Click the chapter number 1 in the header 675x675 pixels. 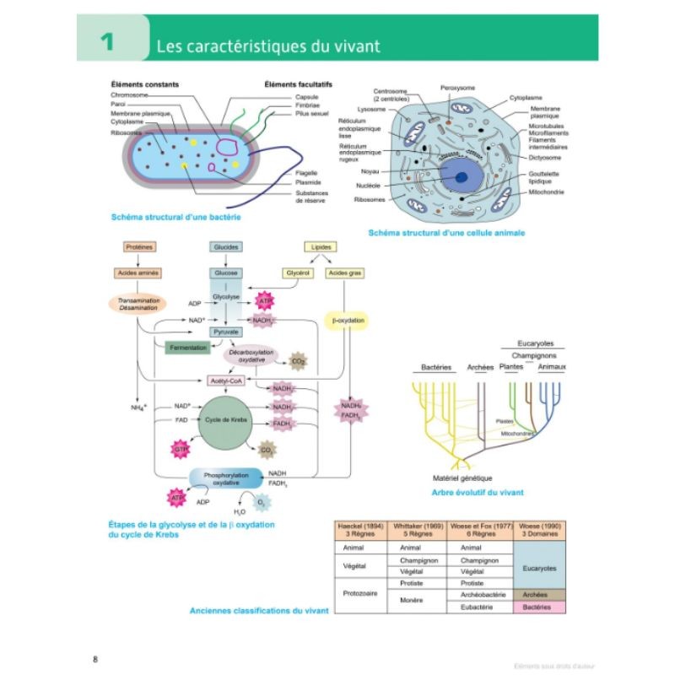106,42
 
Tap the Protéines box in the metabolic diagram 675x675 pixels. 136,246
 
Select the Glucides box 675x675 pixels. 225,246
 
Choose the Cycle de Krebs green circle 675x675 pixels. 225,420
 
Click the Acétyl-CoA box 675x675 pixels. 225,381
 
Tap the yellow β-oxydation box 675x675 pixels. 343,321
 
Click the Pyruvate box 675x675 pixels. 225,333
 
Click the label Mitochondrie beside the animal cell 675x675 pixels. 546,193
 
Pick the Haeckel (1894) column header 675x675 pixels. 360,530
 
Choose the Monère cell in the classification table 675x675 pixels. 415,601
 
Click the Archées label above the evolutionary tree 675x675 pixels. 480,367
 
